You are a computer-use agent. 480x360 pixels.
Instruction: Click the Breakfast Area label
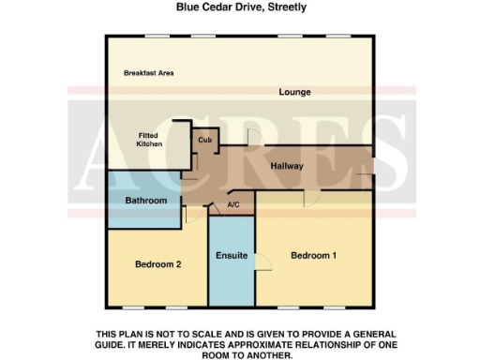(150, 73)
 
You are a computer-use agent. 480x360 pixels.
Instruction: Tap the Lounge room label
(294, 92)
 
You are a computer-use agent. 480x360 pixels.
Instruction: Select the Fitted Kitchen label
(150, 140)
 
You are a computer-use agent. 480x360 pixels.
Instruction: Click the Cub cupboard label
(204, 140)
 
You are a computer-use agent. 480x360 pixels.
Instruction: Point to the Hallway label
(287, 167)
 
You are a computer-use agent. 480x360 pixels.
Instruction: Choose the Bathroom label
(147, 201)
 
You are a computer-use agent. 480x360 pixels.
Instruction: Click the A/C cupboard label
(234, 205)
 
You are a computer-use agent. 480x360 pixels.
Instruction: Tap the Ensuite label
(231, 255)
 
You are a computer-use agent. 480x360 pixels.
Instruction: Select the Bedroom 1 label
(314, 255)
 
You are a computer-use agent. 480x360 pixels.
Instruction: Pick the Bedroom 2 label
(157, 264)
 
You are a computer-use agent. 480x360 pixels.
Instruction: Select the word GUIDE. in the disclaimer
(116, 345)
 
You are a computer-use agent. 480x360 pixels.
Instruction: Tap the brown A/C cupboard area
(240, 210)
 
